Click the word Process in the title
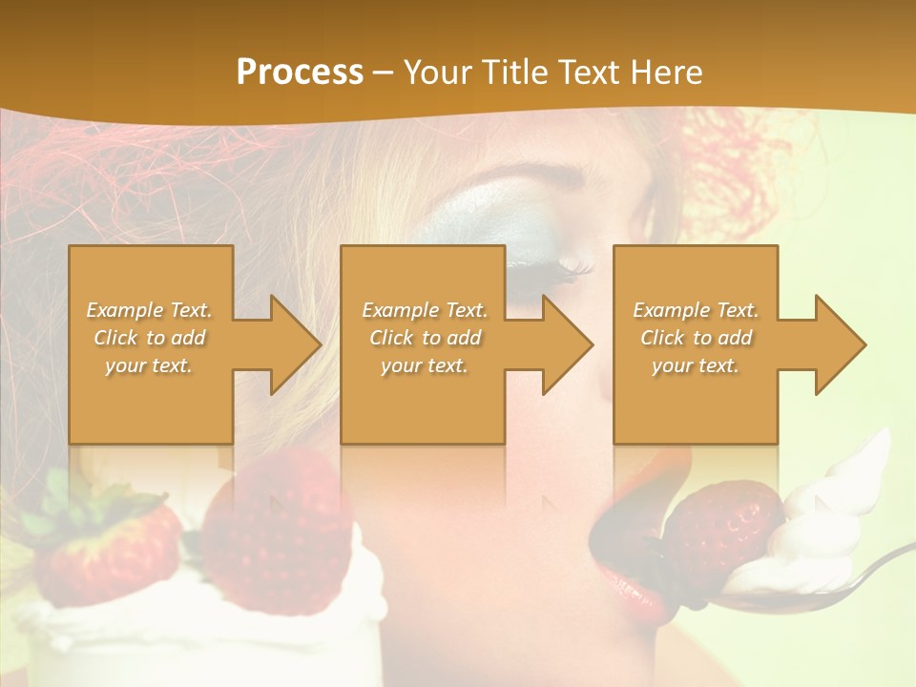[300, 73]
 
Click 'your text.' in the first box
[149, 365]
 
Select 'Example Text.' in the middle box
[425, 310]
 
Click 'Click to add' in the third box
[697, 338]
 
